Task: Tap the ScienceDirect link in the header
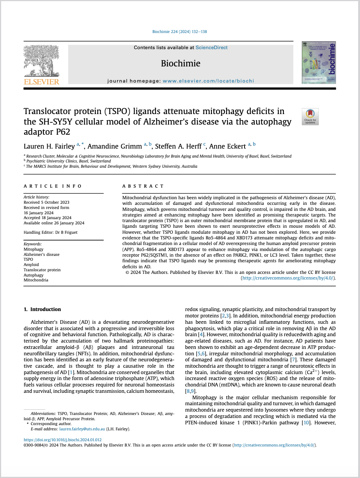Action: point(211,48)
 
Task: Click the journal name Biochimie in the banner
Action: point(180,63)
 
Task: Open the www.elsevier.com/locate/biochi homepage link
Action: point(208,81)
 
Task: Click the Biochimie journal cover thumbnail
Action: point(319,63)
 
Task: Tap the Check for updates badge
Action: point(310,116)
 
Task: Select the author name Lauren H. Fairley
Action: point(49,146)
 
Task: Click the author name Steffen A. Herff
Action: point(178,146)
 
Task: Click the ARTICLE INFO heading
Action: point(52,186)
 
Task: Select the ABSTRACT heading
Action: point(143,186)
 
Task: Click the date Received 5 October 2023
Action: point(46,202)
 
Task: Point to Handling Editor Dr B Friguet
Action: point(51,232)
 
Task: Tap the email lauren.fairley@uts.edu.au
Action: point(82,429)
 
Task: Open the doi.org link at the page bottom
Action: point(63,440)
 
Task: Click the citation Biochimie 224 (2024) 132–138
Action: point(180,32)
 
